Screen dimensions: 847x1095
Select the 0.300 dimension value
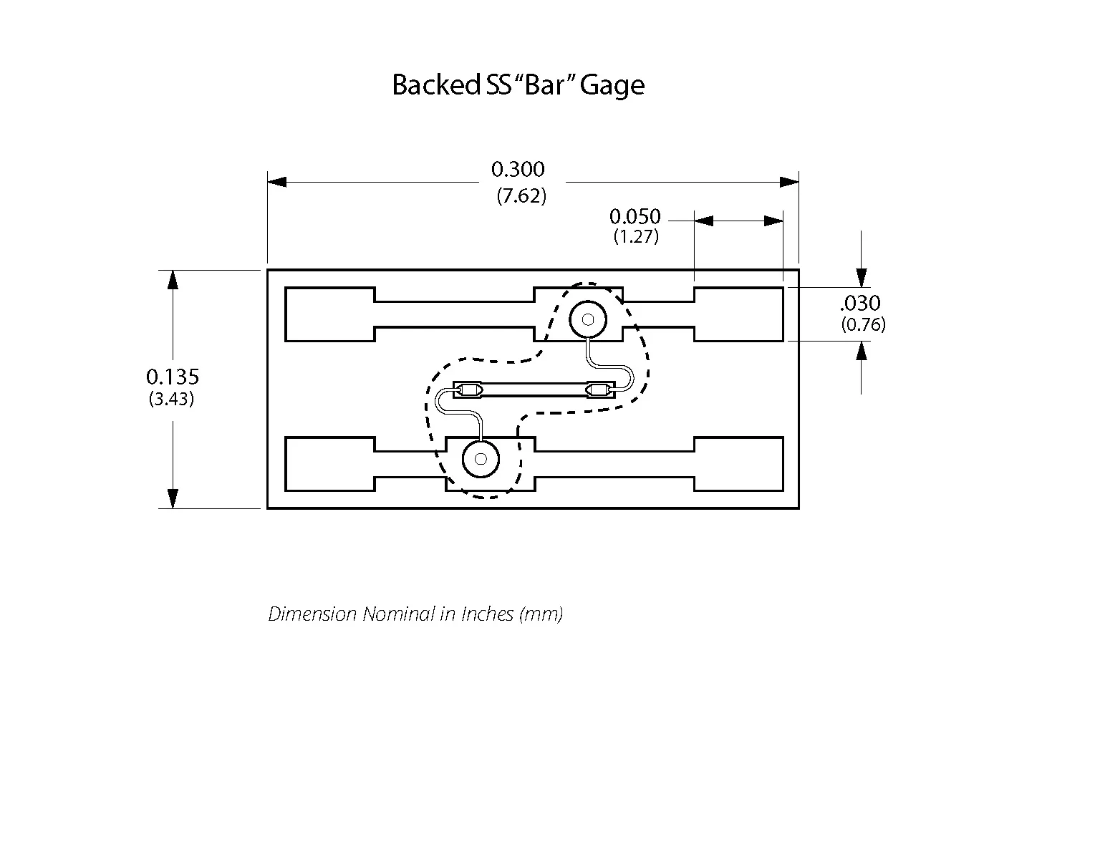pos(518,170)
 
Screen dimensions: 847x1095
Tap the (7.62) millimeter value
pos(521,196)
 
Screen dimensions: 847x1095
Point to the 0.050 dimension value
pos(635,216)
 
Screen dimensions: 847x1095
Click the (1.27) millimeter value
pos(636,237)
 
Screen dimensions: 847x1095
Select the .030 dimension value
pos(860,303)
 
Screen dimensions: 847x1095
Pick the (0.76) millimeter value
pos(863,325)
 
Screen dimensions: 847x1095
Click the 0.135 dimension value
pos(173,377)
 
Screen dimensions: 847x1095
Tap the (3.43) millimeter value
pos(172,399)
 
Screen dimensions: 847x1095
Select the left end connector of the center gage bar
pos(469,391)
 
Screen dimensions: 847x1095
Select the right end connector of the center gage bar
pos(599,391)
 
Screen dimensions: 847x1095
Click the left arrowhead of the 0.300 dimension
pos(277,182)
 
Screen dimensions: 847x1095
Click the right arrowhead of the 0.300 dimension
pos(789,182)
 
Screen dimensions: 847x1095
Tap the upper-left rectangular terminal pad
pos(329,314)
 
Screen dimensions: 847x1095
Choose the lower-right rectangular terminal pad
pos(738,464)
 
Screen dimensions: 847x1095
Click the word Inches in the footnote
pos(487,614)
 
